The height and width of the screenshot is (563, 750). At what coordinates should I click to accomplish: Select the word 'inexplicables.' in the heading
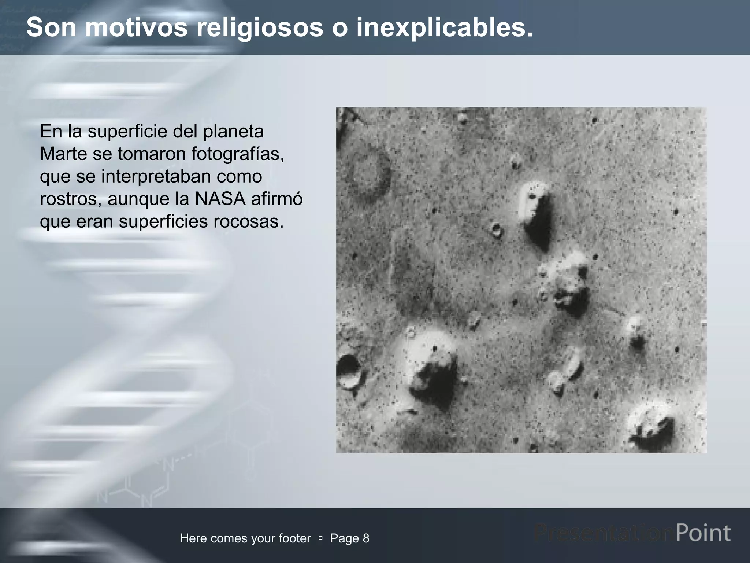pos(445,27)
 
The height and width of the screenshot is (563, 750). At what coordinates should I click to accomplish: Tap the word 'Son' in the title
pos(51,27)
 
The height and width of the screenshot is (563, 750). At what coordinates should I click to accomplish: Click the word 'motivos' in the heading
pos(136,27)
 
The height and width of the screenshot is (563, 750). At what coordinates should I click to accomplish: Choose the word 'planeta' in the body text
pos(233,131)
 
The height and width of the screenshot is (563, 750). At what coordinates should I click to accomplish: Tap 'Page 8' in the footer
pos(350,538)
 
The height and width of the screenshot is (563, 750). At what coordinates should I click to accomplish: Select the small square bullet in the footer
pos(320,538)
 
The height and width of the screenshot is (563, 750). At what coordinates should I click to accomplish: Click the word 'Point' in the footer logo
pos(703,533)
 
